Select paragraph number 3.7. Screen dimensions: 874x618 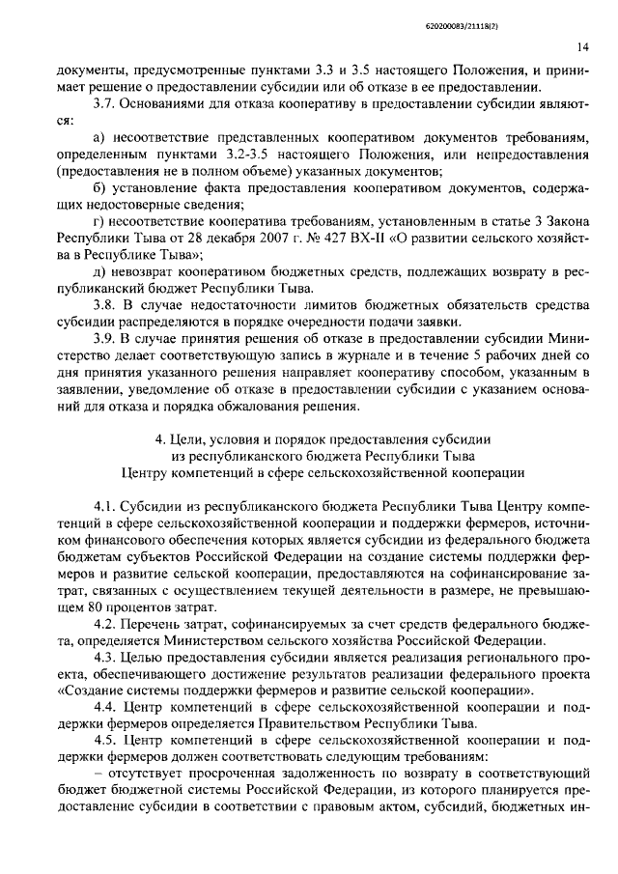click(102, 104)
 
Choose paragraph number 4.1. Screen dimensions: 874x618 click(104, 507)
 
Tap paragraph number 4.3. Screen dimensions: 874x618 click(104, 659)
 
